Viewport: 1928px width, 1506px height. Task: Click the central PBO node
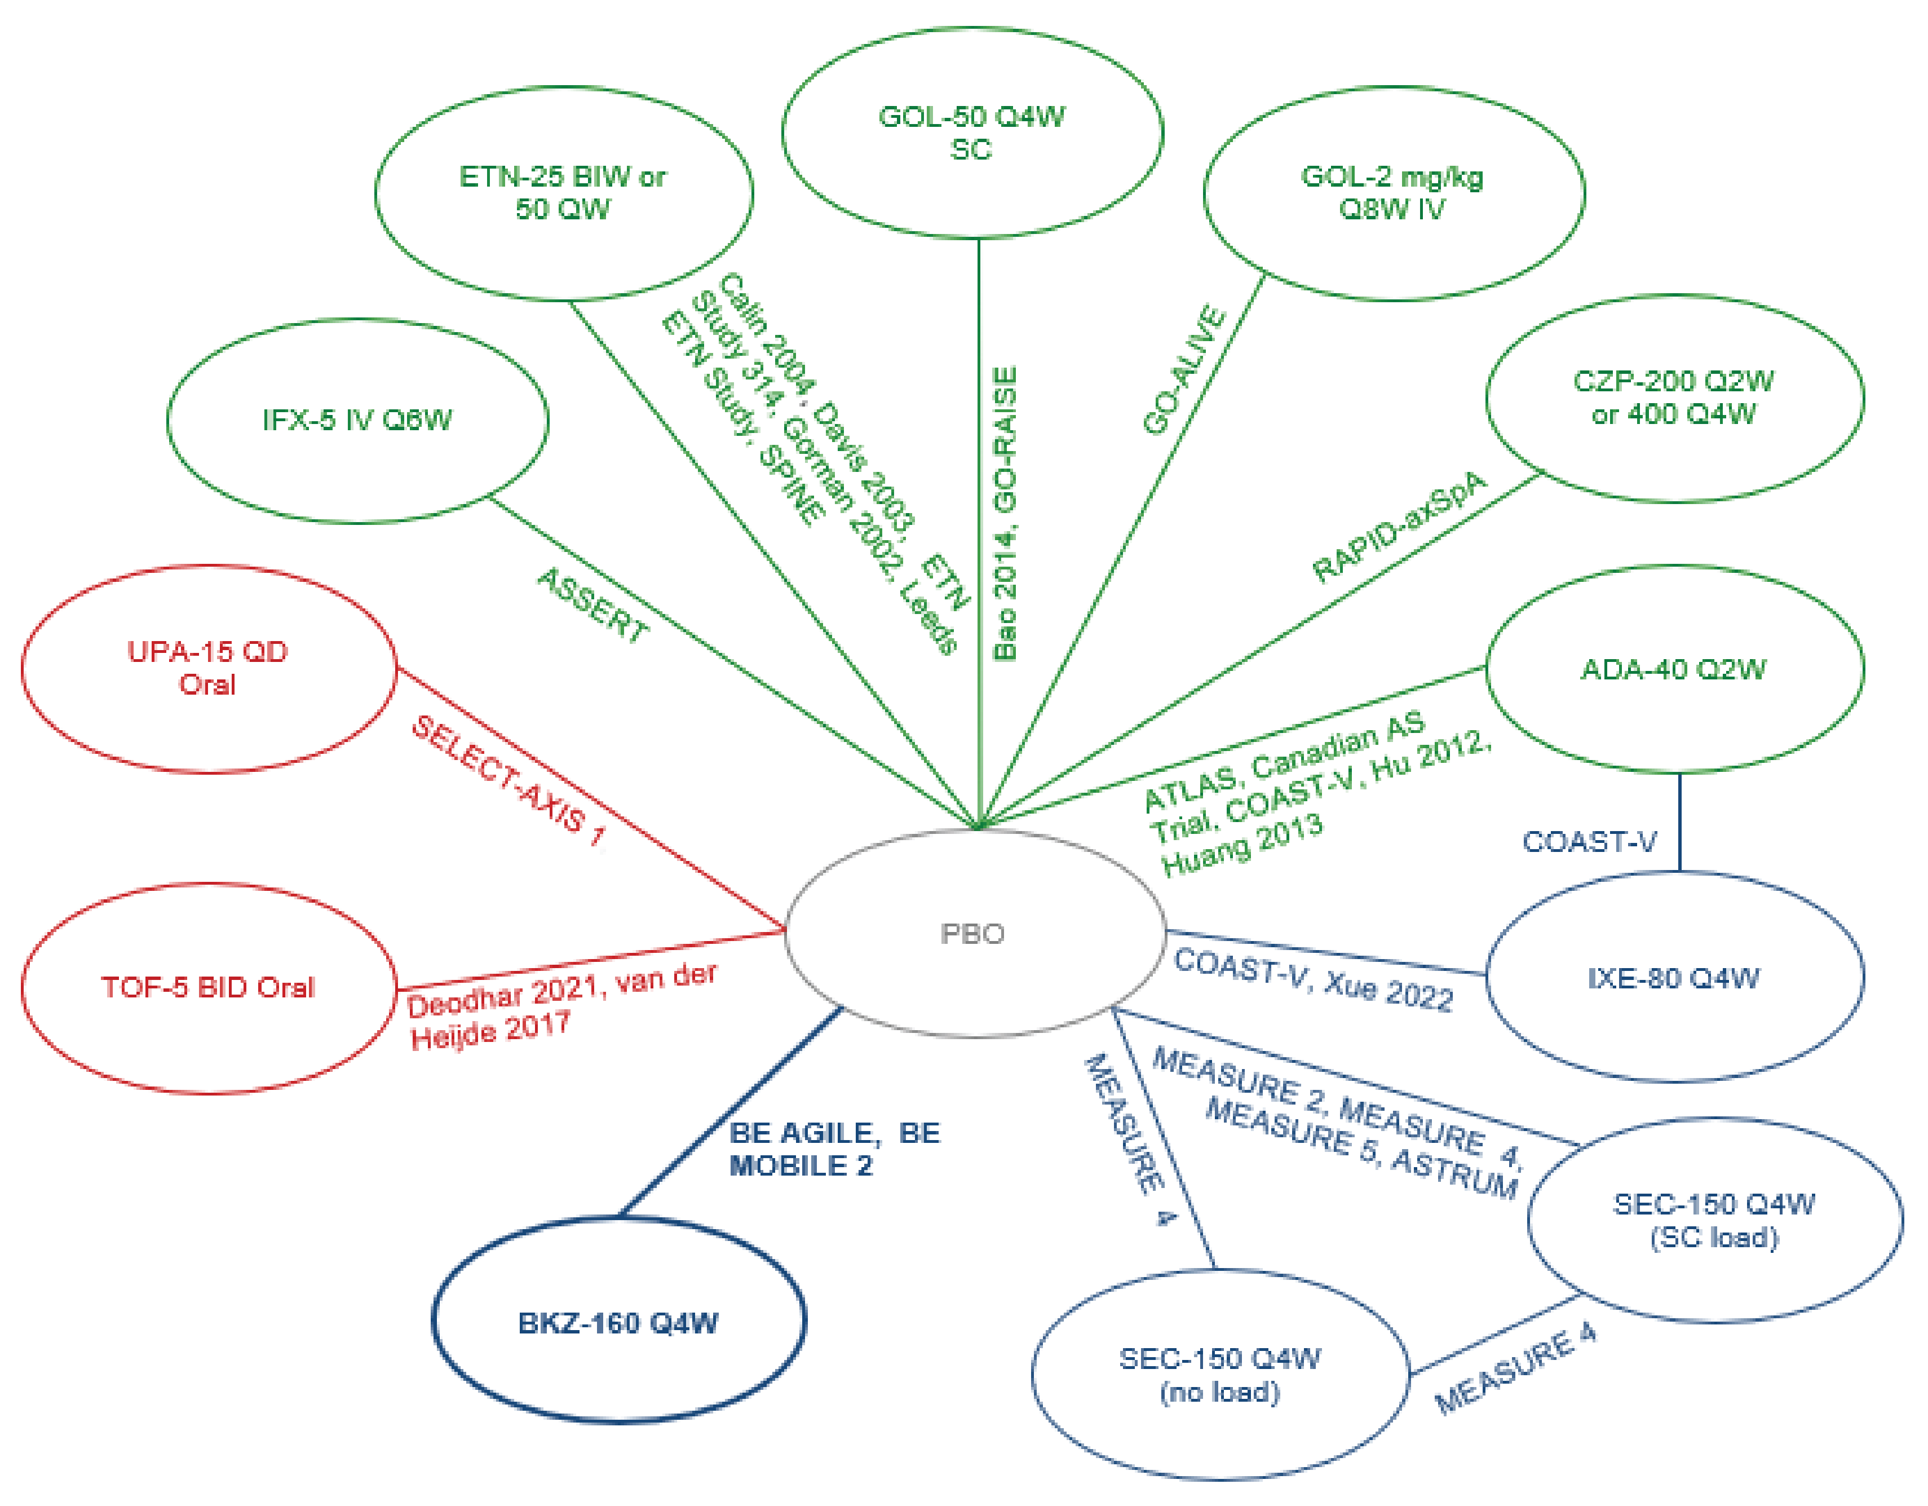click(x=974, y=933)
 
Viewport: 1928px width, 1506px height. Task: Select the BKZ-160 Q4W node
click(x=618, y=1322)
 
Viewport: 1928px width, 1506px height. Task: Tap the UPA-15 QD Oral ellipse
click(x=209, y=668)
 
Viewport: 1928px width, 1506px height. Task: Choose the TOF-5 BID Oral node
click(x=209, y=987)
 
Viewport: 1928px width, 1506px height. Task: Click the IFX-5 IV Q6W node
click(x=357, y=420)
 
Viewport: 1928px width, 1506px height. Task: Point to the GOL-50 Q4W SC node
click(x=972, y=133)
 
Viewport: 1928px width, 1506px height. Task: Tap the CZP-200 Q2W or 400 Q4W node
click(x=1674, y=398)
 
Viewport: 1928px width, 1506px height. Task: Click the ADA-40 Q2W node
click(x=1674, y=669)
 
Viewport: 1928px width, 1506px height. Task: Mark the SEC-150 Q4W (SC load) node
click(x=1714, y=1221)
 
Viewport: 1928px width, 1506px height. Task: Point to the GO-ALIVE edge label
click(x=1184, y=371)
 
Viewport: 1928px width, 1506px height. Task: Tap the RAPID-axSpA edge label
click(x=1399, y=527)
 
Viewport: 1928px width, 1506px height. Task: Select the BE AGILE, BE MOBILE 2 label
click(x=834, y=1149)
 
